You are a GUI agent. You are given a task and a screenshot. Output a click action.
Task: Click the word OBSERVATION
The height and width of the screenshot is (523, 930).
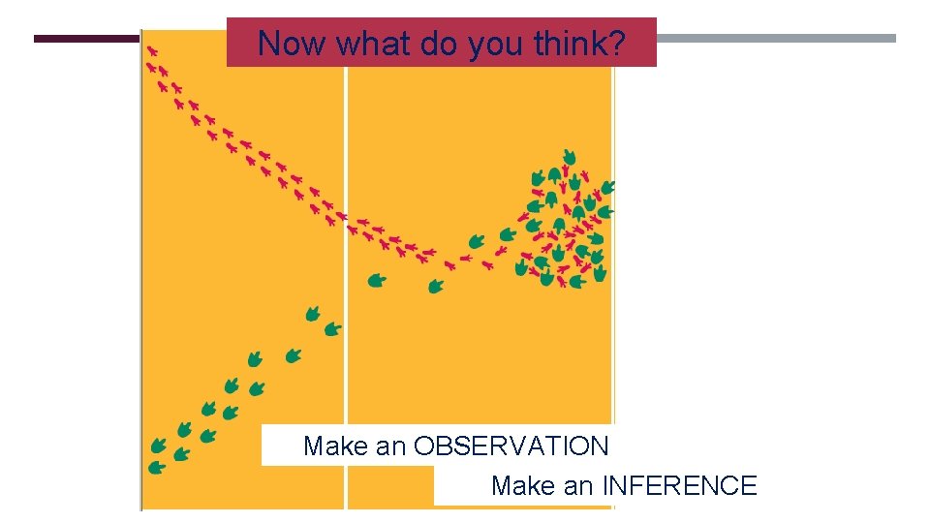511,446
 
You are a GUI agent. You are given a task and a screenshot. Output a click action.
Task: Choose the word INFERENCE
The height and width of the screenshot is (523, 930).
678,486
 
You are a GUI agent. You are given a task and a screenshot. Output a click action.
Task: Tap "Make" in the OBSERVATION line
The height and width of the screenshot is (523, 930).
336,446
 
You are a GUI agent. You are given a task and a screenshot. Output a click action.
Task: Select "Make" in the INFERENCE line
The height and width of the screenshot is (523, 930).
524,486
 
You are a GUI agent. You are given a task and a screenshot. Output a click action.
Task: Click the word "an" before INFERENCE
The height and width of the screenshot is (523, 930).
579,486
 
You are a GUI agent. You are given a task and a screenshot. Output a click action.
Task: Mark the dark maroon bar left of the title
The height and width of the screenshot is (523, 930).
86,39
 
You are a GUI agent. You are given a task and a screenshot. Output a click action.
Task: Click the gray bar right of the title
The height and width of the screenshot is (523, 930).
775,39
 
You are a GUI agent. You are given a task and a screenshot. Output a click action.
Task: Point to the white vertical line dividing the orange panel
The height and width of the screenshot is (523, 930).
346,368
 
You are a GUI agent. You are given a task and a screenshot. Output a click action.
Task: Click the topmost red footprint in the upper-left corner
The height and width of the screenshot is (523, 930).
152,49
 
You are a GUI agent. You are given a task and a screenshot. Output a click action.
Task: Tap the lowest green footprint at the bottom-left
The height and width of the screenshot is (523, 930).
156,467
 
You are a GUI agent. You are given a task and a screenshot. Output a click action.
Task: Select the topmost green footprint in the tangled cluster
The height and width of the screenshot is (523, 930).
569,157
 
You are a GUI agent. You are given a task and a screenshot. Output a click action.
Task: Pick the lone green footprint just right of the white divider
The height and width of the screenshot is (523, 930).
376,281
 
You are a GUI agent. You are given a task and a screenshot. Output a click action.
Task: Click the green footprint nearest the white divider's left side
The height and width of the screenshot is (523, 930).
332,329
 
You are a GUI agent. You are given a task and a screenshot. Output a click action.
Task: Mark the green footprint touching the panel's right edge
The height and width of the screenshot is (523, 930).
607,187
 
